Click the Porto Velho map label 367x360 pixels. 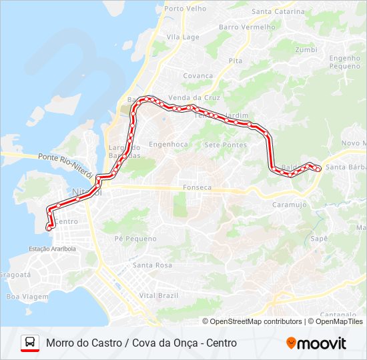pyautogui.click(x=185, y=9)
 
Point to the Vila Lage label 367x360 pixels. pyautogui.click(x=183, y=37)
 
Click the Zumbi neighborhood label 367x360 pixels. pyautogui.click(x=306, y=49)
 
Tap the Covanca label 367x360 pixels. pyautogui.click(x=198, y=76)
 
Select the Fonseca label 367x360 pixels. pyautogui.click(x=197, y=188)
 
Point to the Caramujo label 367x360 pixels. pyautogui.click(x=289, y=205)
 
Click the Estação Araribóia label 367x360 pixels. pyautogui.click(x=53, y=249)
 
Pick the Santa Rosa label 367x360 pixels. pyautogui.click(x=152, y=265)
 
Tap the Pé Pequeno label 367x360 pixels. pyautogui.click(x=135, y=239)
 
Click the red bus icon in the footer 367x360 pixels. pyautogui.click(x=30, y=343)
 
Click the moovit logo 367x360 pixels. pyautogui.click(x=316, y=343)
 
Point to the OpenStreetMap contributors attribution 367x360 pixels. pyautogui.click(x=256, y=321)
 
